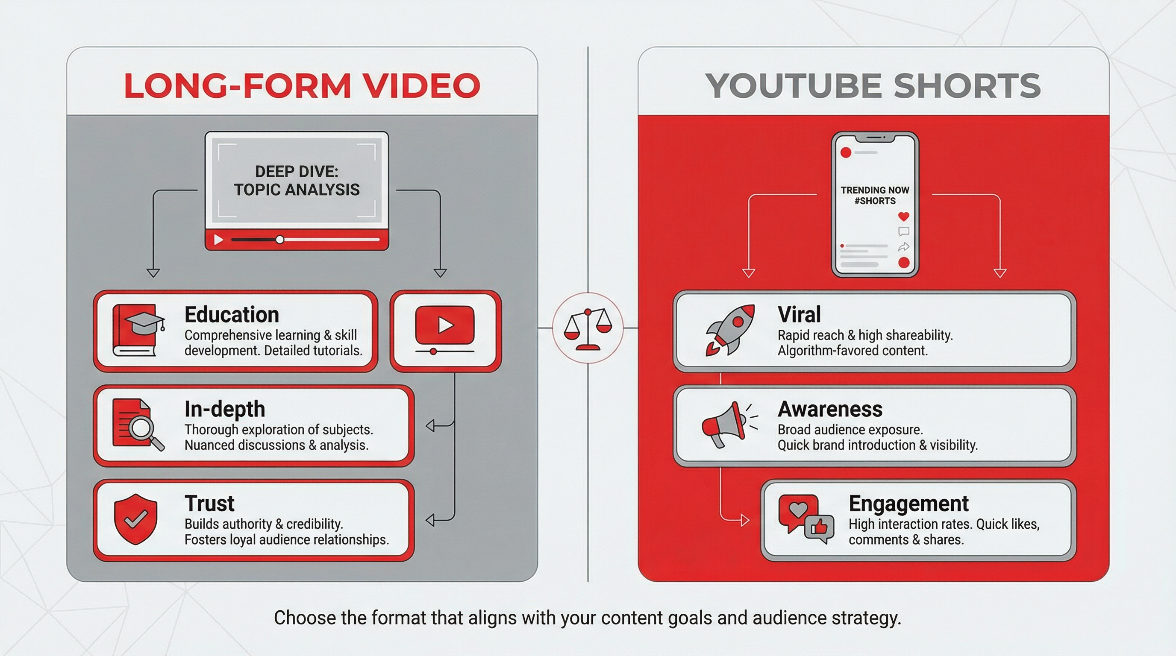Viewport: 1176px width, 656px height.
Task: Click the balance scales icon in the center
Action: pyautogui.click(x=588, y=328)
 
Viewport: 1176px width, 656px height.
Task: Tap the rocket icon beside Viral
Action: pyautogui.click(x=729, y=329)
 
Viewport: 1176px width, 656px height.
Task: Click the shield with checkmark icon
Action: pyautogui.click(x=135, y=519)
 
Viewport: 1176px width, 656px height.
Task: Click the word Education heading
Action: pyautogui.click(x=232, y=315)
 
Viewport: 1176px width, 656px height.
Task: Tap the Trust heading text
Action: pyautogui.click(x=209, y=504)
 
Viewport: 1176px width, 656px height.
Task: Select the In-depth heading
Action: pyautogui.click(x=225, y=409)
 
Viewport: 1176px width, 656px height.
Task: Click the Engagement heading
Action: pyautogui.click(x=908, y=504)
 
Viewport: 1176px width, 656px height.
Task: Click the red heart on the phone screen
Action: pyautogui.click(x=903, y=216)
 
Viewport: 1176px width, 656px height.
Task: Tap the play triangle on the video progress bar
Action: pyautogui.click(x=219, y=240)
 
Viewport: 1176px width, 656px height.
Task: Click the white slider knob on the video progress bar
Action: pyautogui.click(x=280, y=240)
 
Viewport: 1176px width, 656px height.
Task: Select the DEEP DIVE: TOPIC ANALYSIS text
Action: pyautogui.click(x=297, y=181)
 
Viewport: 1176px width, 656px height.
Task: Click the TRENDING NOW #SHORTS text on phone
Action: pyautogui.click(x=875, y=195)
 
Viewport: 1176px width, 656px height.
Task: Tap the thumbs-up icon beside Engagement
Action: pyautogui.click(x=819, y=528)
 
